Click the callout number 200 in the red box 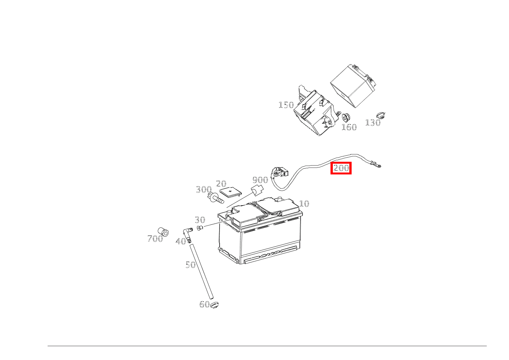coord(341,168)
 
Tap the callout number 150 coord(286,105)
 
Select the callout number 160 coord(349,127)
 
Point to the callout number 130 coord(373,123)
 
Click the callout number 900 coord(260,180)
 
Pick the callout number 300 coord(204,189)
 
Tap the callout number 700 coord(155,239)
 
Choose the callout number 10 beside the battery coord(304,204)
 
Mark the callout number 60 coord(204,304)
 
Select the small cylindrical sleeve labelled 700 coord(164,232)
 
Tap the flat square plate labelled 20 coord(230,192)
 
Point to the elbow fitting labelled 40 coord(187,235)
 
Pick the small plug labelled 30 coord(200,228)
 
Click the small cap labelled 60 coord(215,305)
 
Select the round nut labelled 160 coord(346,117)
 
